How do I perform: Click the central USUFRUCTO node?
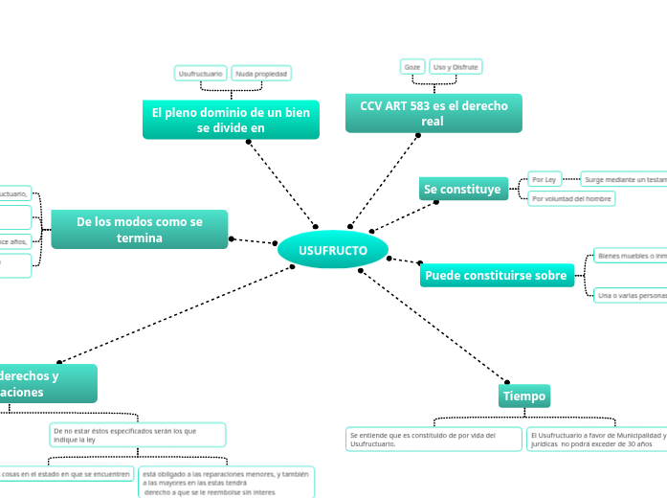coord(332,250)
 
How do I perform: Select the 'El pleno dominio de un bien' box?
coord(231,120)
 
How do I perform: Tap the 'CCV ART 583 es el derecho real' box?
coord(434,113)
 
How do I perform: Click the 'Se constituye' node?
coord(462,190)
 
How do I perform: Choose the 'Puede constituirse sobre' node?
coord(496,276)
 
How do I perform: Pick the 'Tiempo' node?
coord(524,396)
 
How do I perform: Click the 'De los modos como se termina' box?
coord(140,230)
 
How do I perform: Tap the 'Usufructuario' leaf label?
coord(201,73)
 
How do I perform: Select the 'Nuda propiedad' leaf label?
coord(261,73)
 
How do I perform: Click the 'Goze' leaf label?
coord(412,67)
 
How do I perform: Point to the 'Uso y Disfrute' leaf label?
coord(456,67)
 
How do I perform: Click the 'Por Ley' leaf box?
coord(545,179)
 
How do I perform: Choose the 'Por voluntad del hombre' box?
coord(571,198)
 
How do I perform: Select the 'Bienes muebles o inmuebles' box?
coord(630,256)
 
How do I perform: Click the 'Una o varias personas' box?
coord(630,296)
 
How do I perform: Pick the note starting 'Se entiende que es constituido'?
coord(433,439)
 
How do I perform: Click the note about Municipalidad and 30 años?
coord(596,439)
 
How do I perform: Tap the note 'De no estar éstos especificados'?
coord(138,435)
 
